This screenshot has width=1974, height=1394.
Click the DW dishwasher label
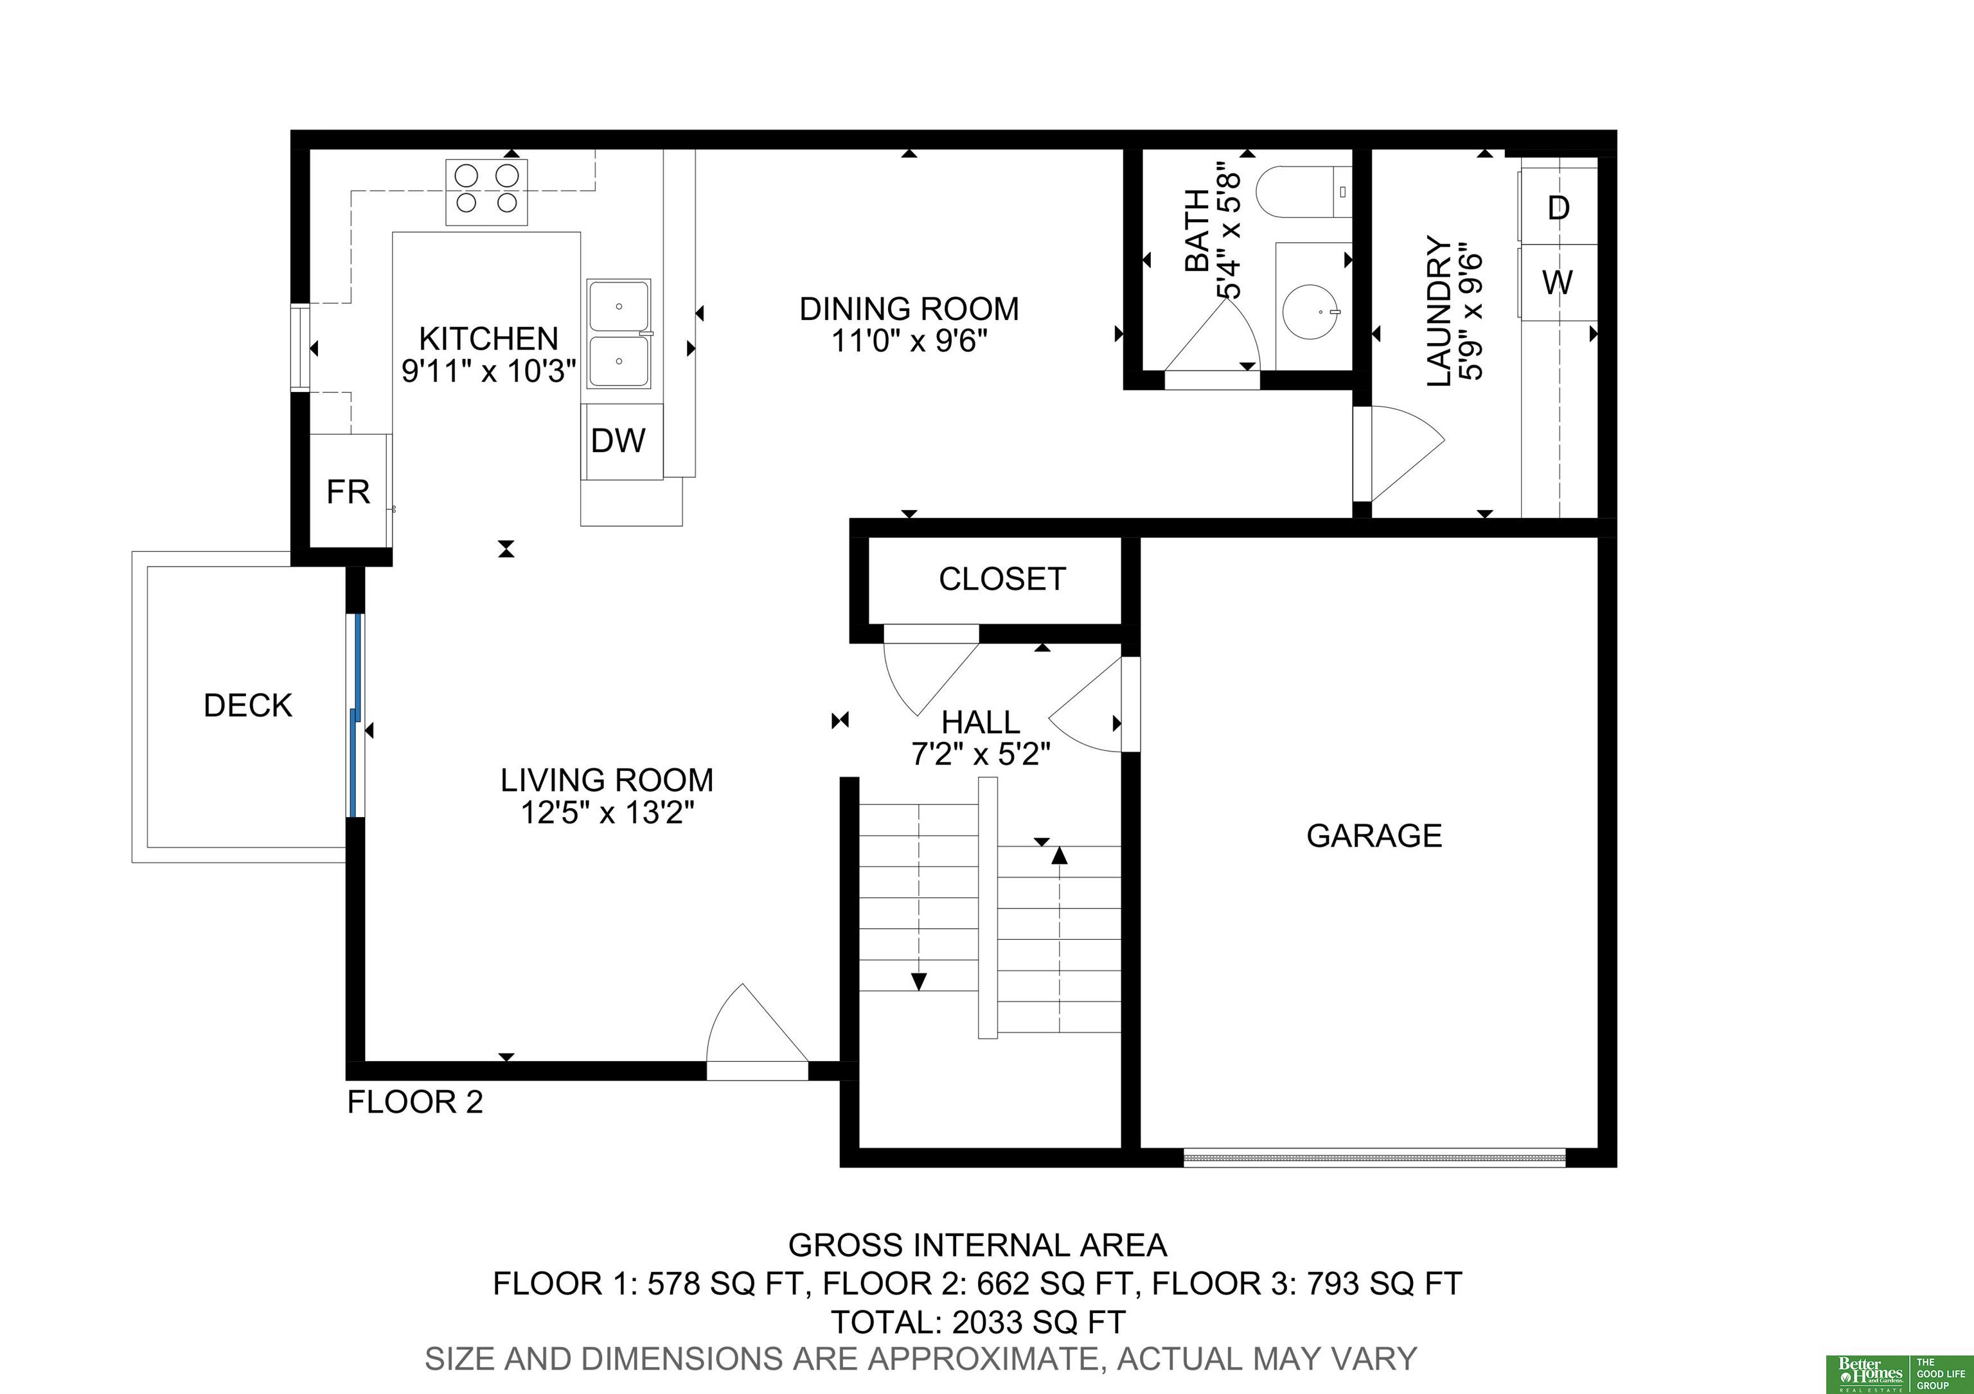click(618, 441)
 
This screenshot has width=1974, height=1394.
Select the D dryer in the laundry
click(1557, 207)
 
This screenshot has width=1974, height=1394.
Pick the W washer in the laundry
click(1557, 283)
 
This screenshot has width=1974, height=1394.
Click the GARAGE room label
click(1374, 835)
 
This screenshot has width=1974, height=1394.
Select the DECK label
click(247, 705)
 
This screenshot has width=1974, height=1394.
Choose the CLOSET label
click(1002, 579)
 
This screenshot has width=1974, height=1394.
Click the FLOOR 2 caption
click(415, 1102)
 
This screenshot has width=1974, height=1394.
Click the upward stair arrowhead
click(1059, 855)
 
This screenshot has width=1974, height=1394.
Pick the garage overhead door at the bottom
click(1374, 1158)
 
